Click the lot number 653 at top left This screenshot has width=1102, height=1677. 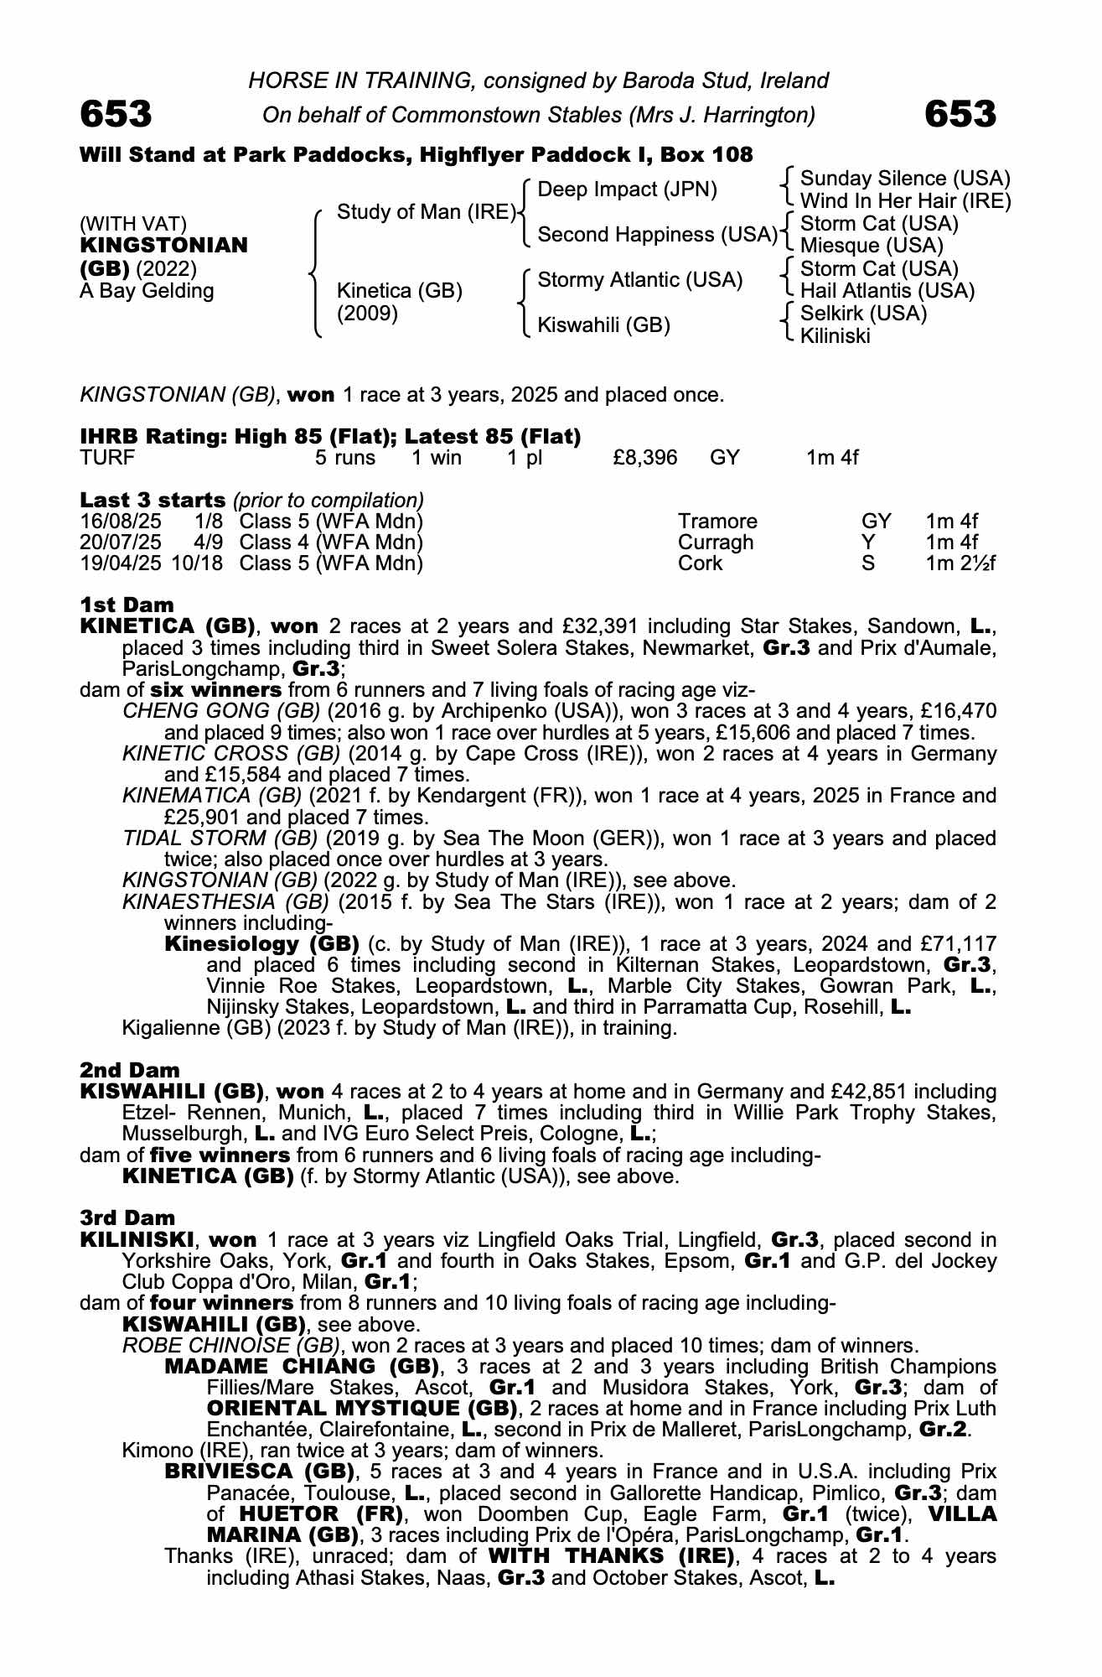tap(116, 114)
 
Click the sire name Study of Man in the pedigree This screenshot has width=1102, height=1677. tap(426, 212)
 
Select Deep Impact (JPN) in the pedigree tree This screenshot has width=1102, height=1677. tap(627, 190)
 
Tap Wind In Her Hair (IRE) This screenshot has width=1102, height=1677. tap(905, 201)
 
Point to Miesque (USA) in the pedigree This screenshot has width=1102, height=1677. tap(872, 246)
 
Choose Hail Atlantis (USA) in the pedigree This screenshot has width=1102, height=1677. tap(887, 291)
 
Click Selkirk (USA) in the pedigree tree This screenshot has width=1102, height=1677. tap(863, 314)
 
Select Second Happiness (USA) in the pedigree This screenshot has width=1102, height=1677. tap(657, 235)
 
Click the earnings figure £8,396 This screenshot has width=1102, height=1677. tap(645, 458)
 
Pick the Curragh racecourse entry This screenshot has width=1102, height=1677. tap(716, 543)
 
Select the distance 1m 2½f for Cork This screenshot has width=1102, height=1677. tap(960, 563)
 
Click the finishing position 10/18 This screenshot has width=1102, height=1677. tap(197, 563)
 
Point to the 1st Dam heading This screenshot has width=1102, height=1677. tap(127, 605)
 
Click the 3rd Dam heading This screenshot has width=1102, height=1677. tap(127, 1218)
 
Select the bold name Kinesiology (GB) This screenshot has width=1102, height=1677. tap(261, 943)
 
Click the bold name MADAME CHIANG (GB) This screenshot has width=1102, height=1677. tap(303, 1367)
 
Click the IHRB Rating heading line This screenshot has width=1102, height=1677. tap(330, 437)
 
